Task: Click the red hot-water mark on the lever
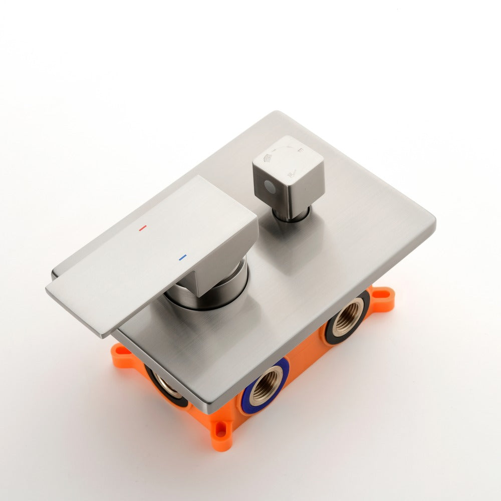tap(143, 228)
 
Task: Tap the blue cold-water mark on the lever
tap(182, 258)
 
